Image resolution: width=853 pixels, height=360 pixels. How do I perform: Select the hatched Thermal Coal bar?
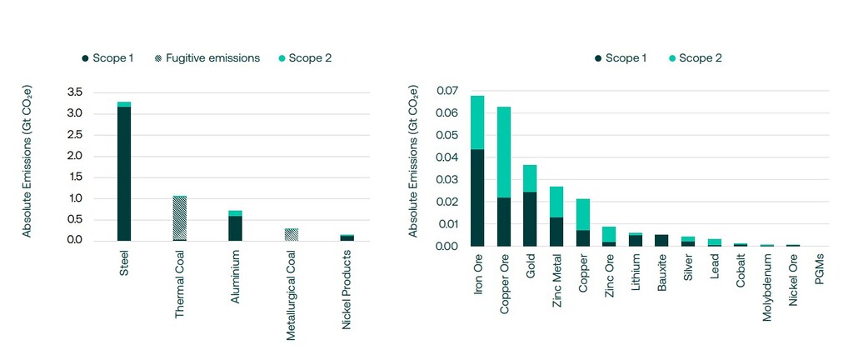(179, 218)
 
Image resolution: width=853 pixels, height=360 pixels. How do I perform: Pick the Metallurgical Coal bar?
(291, 234)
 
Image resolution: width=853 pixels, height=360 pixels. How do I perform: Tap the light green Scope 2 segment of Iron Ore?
(477, 122)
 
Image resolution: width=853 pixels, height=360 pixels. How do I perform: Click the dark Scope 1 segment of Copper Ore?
(504, 222)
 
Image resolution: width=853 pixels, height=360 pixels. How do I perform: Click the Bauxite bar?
(661, 241)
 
